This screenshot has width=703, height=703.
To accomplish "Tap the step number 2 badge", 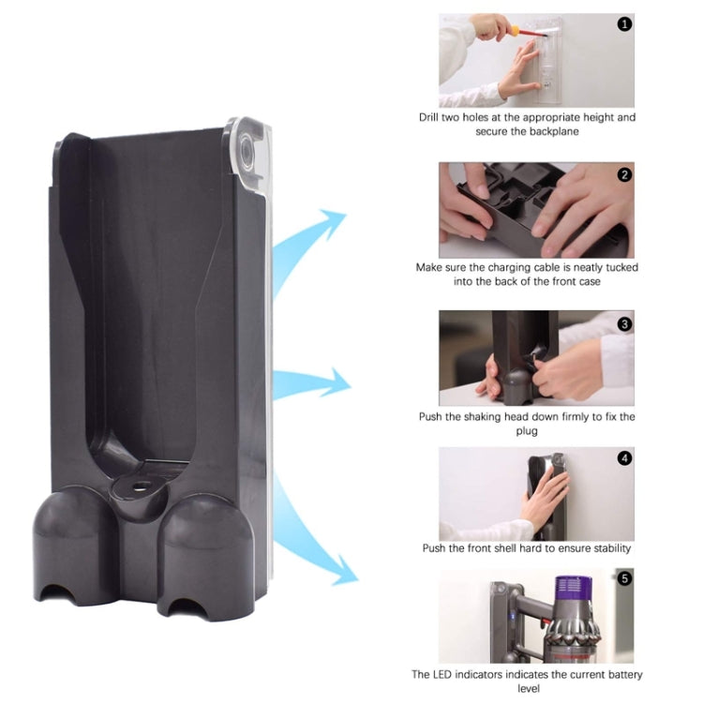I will click(624, 174).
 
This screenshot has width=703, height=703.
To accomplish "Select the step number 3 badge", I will click(624, 323).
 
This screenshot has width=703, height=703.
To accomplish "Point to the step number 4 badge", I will click(624, 458).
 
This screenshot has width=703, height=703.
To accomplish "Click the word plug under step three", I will click(527, 430).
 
